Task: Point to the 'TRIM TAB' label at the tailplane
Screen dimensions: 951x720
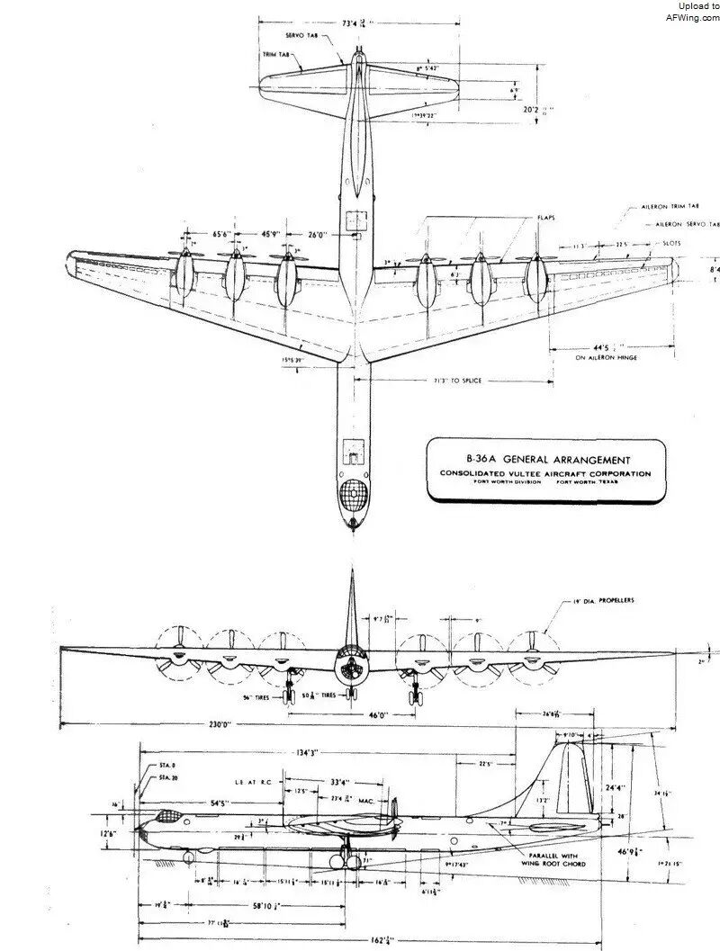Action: point(274,54)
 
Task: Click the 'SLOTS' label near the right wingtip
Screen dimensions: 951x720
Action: point(671,244)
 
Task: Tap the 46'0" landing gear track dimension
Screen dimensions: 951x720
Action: point(352,713)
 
